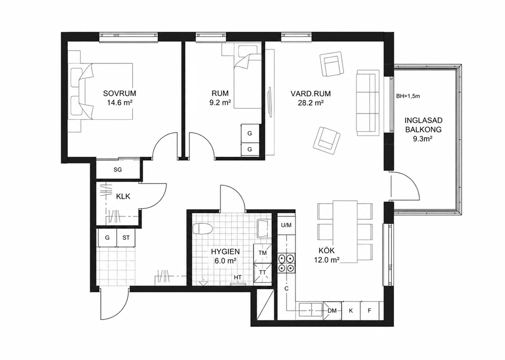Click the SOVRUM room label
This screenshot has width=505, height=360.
point(120,93)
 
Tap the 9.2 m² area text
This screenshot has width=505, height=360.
point(220,103)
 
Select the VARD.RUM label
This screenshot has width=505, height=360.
point(311,94)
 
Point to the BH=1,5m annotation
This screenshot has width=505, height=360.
point(408,96)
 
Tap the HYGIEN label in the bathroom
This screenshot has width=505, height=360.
point(226,252)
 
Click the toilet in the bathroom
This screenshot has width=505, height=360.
point(203,229)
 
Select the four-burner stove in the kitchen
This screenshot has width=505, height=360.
point(286,263)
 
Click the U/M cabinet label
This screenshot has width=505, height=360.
point(286,225)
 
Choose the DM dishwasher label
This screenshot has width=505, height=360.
point(332,311)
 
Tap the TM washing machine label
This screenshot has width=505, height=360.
point(263,253)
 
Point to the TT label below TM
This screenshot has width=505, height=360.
point(263,272)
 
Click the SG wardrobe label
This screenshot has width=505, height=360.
point(118,170)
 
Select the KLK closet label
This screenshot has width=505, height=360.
point(123,196)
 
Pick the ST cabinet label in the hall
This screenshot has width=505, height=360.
point(126,238)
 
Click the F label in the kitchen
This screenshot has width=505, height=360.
point(370,311)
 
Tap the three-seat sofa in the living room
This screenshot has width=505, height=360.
point(367,103)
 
